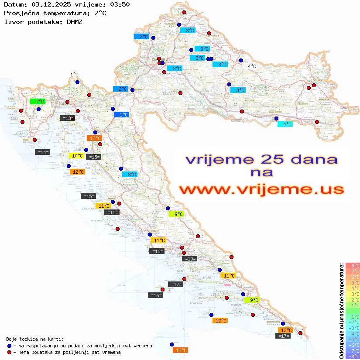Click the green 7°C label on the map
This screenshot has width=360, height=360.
[38, 102]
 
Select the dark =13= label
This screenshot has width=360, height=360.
[67, 118]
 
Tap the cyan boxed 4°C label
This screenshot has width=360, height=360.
[285, 124]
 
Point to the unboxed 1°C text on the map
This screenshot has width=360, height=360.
[74, 75]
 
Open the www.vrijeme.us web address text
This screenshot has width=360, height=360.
[261, 189]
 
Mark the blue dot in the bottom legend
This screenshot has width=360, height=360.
[9, 346]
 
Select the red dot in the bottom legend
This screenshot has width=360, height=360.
[9, 352]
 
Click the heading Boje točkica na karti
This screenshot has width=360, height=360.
[35, 339]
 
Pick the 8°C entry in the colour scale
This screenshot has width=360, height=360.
[352, 266]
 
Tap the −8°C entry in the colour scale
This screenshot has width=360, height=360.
[352, 357]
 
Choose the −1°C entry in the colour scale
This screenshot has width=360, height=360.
[352, 317]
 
